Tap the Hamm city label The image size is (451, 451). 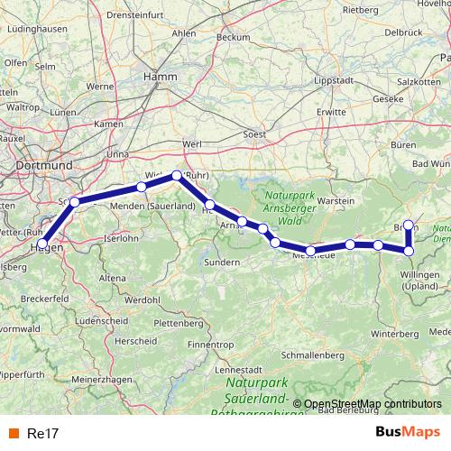(161, 78)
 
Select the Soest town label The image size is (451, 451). (256, 135)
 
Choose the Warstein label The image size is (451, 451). (336, 199)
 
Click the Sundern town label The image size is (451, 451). (222, 262)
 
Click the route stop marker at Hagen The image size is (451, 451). (42, 244)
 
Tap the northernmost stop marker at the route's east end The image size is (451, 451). (409, 225)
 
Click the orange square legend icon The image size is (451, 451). (13, 433)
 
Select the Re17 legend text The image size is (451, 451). (43, 433)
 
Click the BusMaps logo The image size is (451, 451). (408, 432)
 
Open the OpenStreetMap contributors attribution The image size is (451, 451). (373, 404)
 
